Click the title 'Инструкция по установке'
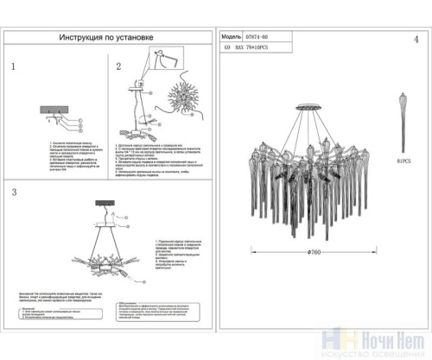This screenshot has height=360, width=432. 107,38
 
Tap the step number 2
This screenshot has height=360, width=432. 119,66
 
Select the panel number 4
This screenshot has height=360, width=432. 414,41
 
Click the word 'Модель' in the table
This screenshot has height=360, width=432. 232,39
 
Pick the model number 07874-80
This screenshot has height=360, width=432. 260,39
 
